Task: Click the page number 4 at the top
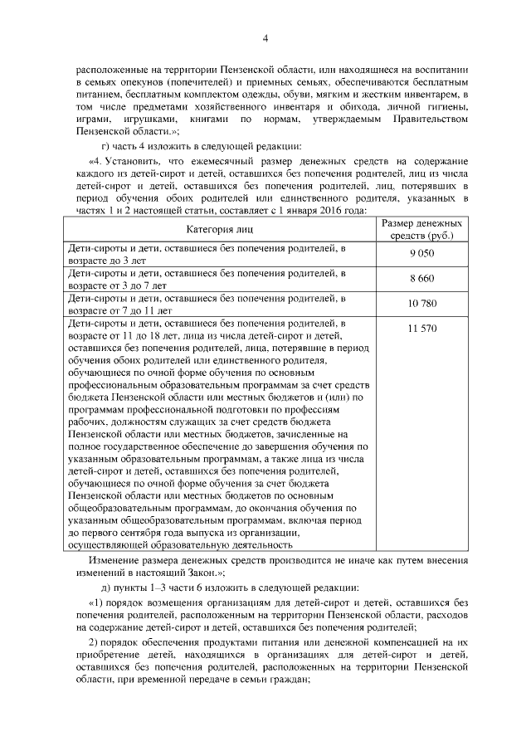click(265, 37)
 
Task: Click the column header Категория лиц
click(221, 230)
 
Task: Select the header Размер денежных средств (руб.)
click(422, 230)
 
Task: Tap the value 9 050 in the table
click(422, 254)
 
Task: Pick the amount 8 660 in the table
click(422, 279)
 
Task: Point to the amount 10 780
click(422, 304)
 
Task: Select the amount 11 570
click(422, 329)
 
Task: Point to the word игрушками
click(132, 119)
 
